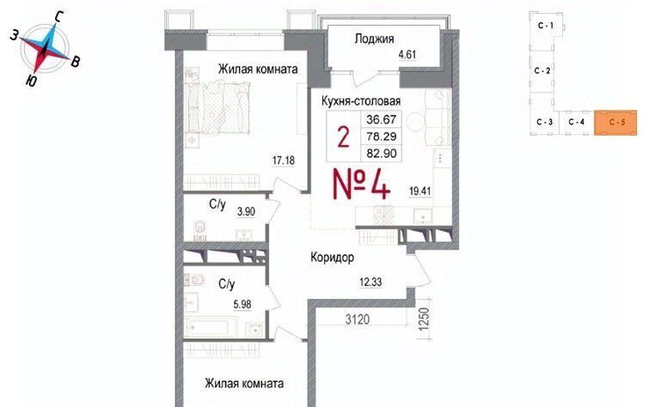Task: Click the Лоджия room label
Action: tap(374, 39)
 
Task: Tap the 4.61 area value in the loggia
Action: tap(407, 55)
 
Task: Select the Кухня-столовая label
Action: tap(361, 101)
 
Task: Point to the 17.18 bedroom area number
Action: tap(284, 160)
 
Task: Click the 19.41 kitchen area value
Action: tap(419, 191)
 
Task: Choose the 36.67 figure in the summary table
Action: tap(381, 119)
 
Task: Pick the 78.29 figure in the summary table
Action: tap(381, 136)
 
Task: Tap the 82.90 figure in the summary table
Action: tap(381, 154)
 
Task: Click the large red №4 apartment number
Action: tap(361, 185)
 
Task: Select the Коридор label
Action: tap(333, 258)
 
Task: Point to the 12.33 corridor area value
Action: tap(370, 282)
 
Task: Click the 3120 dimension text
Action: tap(358, 319)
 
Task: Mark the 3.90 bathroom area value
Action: tap(246, 212)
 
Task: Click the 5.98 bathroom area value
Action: tap(242, 305)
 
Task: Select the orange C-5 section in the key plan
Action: tap(615, 123)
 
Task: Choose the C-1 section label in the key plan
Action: tap(546, 26)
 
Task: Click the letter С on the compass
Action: tap(58, 17)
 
